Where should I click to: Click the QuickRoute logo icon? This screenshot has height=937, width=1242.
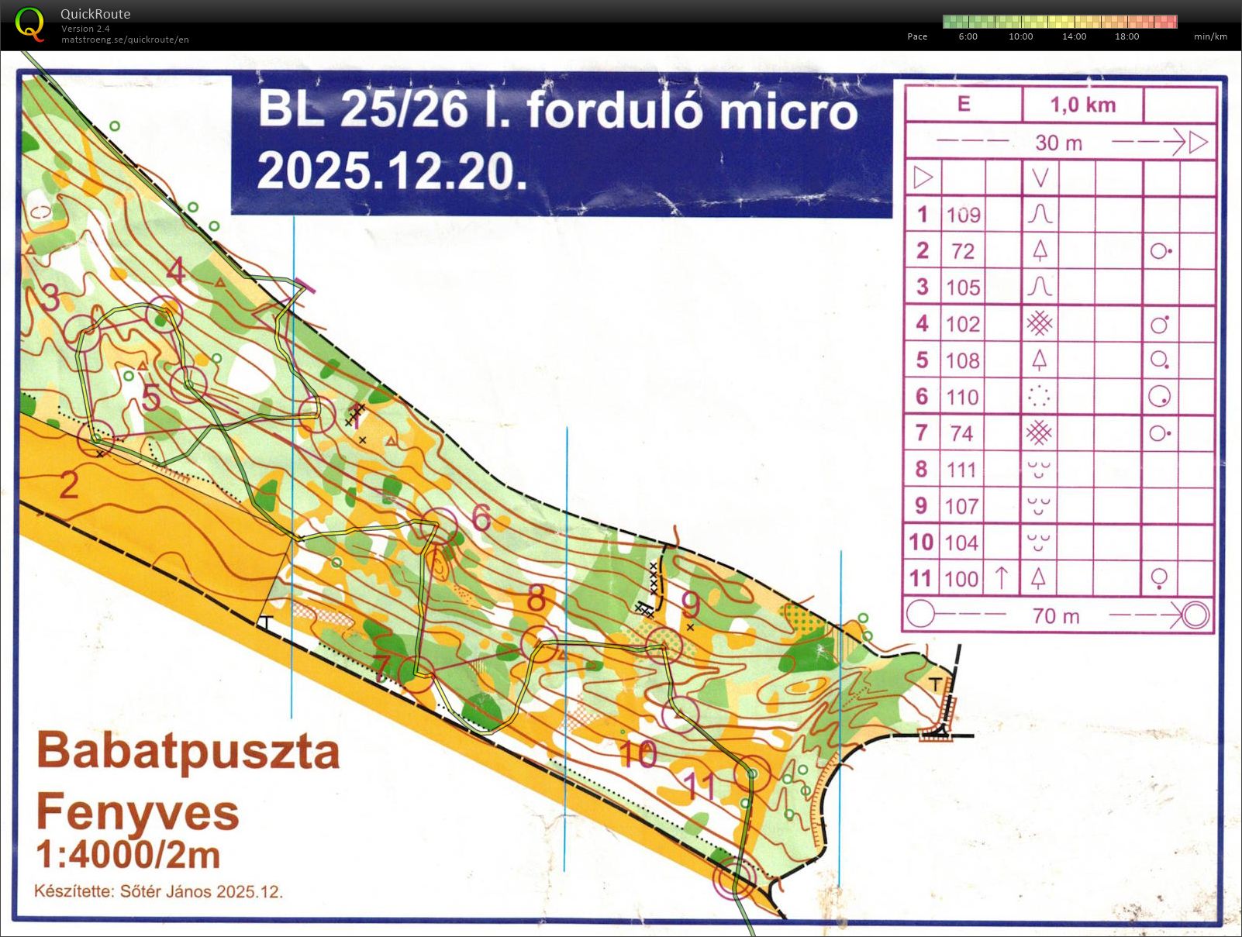click(x=29, y=23)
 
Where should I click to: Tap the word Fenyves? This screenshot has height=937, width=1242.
click(x=137, y=813)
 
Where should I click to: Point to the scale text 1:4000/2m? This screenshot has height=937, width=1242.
click(x=128, y=855)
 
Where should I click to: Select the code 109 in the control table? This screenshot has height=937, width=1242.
click(x=963, y=215)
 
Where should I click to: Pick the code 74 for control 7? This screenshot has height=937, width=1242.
click(x=961, y=433)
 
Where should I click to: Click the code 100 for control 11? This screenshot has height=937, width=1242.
click(x=961, y=578)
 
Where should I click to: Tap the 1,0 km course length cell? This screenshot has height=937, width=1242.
click(x=1082, y=105)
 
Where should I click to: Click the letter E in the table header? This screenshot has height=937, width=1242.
click(x=963, y=104)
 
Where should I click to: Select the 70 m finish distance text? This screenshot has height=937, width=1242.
click(x=1055, y=616)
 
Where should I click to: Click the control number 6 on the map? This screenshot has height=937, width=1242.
click(x=481, y=518)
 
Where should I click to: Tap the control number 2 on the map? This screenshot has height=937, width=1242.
click(x=69, y=485)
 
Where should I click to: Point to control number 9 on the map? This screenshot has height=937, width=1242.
click(x=690, y=603)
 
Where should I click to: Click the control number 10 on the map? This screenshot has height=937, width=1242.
click(x=639, y=753)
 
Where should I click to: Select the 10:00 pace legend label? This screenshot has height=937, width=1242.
click(x=1020, y=36)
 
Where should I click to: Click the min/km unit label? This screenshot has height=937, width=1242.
click(x=1210, y=36)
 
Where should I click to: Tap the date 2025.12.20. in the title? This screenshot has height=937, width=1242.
click(x=392, y=171)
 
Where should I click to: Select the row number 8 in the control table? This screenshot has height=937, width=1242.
click(x=921, y=469)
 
